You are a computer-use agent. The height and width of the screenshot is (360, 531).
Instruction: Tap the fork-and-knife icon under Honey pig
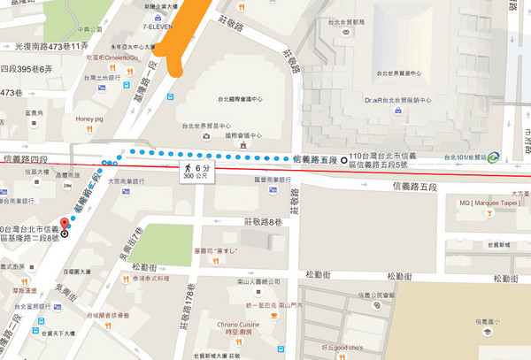tap(90, 132)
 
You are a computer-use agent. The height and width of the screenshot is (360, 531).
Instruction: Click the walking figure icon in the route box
tap(187, 166)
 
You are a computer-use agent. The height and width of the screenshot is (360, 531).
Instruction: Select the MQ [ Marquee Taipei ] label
tap(485, 203)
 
